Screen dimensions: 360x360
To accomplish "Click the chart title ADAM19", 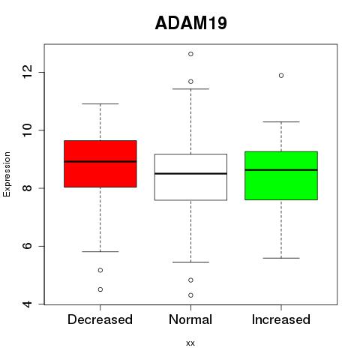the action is [x=191, y=23].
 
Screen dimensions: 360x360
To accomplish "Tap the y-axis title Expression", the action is [x=7, y=174].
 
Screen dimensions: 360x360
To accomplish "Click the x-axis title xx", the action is [x=190, y=343].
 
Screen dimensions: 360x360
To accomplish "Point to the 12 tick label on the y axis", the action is [x=27, y=71].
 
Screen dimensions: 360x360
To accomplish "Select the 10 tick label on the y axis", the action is [x=27, y=130].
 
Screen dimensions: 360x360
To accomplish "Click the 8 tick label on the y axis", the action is [x=27, y=188].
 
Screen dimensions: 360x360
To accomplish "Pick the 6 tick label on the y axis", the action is [x=27, y=246].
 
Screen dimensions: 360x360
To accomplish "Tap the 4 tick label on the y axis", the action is [x=27, y=304].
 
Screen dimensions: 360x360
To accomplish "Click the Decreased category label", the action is [x=100, y=319].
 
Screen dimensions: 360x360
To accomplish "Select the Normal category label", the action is [x=190, y=319].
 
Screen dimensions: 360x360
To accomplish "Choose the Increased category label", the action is [x=281, y=319].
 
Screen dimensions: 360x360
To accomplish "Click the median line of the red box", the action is [x=100, y=161].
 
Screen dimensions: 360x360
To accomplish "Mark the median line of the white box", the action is [x=190, y=173].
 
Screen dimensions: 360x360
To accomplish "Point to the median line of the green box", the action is [x=281, y=170].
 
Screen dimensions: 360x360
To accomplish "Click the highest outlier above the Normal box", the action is [x=190, y=54].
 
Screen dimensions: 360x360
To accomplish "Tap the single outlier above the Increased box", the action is [x=281, y=76].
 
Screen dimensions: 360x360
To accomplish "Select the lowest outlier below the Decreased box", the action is [x=100, y=289].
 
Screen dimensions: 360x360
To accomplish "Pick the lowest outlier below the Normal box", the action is [x=190, y=295].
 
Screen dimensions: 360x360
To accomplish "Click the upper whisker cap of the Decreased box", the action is [x=100, y=103].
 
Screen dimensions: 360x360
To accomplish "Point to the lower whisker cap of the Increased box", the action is [x=281, y=258].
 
